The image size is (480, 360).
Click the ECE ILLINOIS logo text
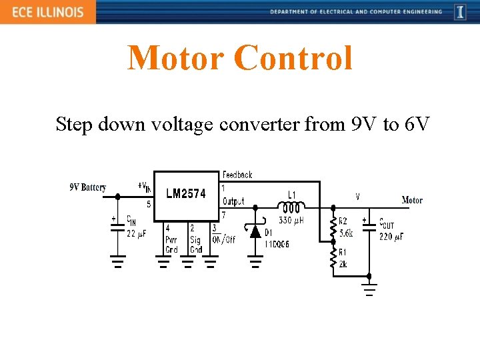click(47, 12)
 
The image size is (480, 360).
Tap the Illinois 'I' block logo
click(460, 12)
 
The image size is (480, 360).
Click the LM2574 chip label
click(186, 194)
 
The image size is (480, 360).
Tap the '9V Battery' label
click(88, 187)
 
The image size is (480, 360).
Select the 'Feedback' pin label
click(237, 175)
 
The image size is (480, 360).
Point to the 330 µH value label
click(291, 220)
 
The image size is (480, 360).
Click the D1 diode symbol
click(254, 231)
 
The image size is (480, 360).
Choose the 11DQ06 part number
click(276, 245)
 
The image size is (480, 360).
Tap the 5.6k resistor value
click(346, 233)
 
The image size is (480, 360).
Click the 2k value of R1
click(343, 264)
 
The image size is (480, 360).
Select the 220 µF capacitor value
click(391, 236)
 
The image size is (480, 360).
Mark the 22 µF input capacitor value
click(136, 233)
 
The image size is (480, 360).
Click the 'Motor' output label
click(412, 200)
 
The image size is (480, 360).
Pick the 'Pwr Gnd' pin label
click(171, 245)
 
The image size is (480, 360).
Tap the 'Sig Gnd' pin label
click(195, 245)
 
